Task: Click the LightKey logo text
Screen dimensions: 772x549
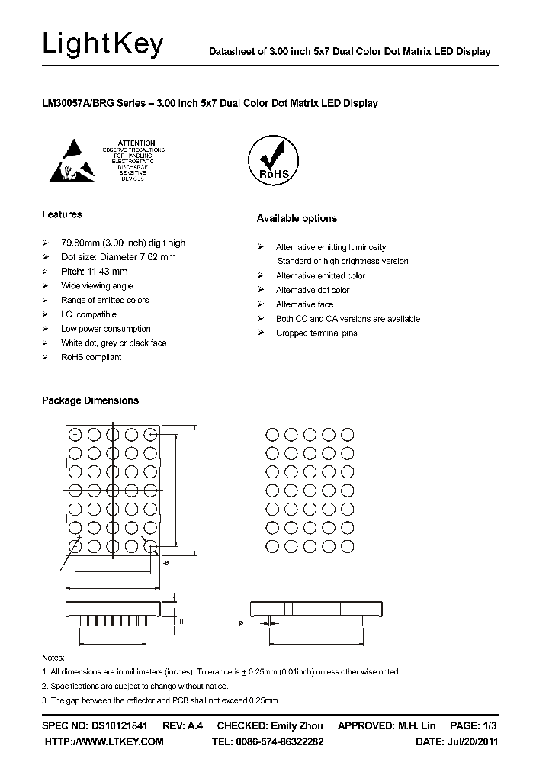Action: coord(103,45)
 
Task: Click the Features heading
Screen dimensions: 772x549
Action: coord(62,214)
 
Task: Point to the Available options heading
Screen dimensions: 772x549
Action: coord(297,219)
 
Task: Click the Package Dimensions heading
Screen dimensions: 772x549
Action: coord(90,400)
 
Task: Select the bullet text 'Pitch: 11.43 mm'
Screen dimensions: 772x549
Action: coord(94,272)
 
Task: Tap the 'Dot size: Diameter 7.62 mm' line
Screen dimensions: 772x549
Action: coord(118,257)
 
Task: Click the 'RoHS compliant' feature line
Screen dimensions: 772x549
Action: coord(91,357)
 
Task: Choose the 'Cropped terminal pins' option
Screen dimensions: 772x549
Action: coord(316,333)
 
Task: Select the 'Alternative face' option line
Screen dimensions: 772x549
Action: coord(304,304)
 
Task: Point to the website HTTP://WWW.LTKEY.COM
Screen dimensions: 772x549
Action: coord(104,741)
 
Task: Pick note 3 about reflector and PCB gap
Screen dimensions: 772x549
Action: coord(160,700)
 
